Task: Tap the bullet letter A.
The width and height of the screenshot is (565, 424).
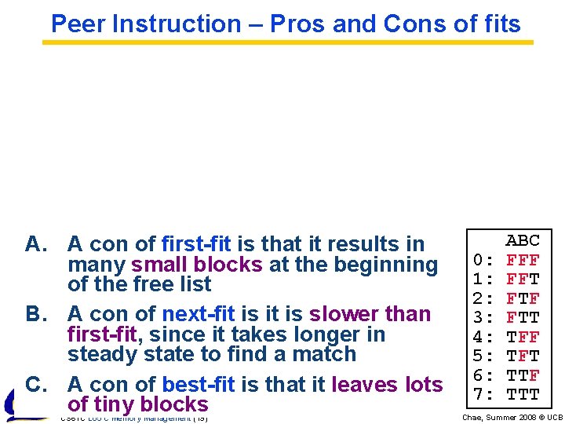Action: pyautogui.click(x=36, y=244)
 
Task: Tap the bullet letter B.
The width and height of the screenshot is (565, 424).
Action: pyautogui.click(x=36, y=314)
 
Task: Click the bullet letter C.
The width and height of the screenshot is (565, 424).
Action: pyautogui.click(x=36, y=385)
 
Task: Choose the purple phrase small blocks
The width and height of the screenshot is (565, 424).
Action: pyautogui.click(x=197, y=265)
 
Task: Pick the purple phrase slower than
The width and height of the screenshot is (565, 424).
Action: pyautogui.click(x=370, y=314)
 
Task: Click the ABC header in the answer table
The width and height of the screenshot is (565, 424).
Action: pyautogui.click(x=523, y=240)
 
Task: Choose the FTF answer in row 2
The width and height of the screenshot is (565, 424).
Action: pyautogui.click(x=523, y=298)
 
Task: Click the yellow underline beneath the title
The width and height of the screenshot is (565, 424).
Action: pyautogui.click(x=287, y=42)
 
